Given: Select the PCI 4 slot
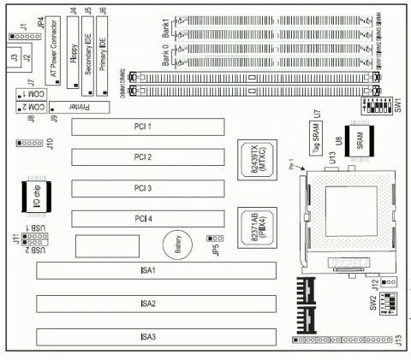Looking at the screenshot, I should pyautogui.click(x=147, y=218).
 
